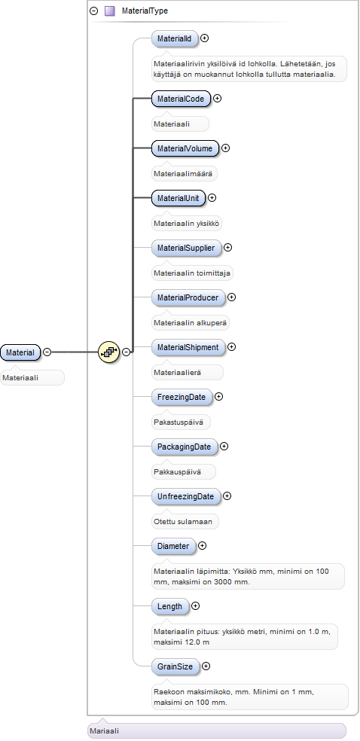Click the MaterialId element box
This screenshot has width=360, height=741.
[x=174, y=38]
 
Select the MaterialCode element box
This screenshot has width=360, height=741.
[x=181, y=99]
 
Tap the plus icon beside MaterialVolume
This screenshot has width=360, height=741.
[x=226, y=148]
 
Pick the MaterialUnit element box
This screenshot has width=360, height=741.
[x=178, y=197]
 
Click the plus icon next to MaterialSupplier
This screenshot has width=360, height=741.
[x=228, y=247]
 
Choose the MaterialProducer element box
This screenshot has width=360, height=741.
[x=188, y=297]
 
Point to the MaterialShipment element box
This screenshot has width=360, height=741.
[x=188, y=347]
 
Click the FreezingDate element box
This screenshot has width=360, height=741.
[x=182, y=397]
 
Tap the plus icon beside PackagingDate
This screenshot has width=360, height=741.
[x=224, y=446]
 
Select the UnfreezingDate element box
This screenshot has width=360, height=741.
[x=186, y=496]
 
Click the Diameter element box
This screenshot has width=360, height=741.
[x=173, y=546]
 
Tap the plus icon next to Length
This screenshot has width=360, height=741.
[x=196, y=606]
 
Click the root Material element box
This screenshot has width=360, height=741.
[x=20, y=352]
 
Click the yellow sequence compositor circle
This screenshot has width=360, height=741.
[x=108, y=352]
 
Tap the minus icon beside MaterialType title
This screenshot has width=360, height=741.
[x=94, y=11]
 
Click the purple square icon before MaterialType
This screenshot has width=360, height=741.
[x=110, y=11]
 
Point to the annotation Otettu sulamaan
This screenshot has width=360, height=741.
[x=183, y=522]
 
